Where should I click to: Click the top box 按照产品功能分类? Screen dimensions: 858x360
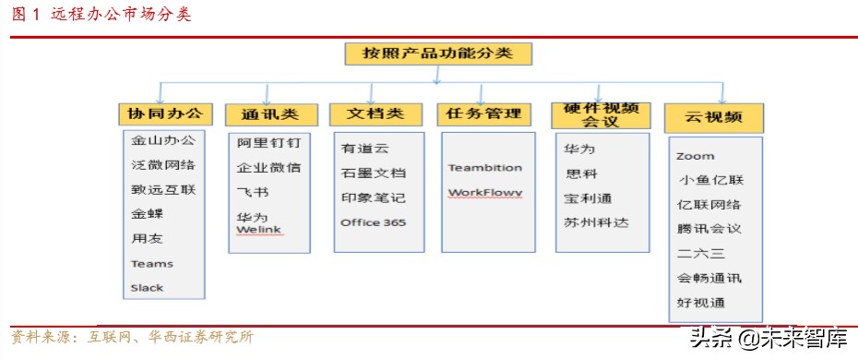438,54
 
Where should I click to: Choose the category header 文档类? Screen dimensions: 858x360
375,114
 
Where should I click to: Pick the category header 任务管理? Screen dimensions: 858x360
483,114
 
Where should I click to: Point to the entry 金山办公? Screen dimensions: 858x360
162,141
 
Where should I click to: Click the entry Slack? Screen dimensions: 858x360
147,288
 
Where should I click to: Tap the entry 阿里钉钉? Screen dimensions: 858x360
268,144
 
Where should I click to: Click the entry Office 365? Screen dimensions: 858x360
373,222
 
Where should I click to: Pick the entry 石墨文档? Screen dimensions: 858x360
373,173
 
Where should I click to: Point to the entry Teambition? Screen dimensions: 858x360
485,168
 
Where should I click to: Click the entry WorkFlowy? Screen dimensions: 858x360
485,193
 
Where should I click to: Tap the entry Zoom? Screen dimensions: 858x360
695,157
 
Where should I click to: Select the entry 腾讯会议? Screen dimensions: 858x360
709,229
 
